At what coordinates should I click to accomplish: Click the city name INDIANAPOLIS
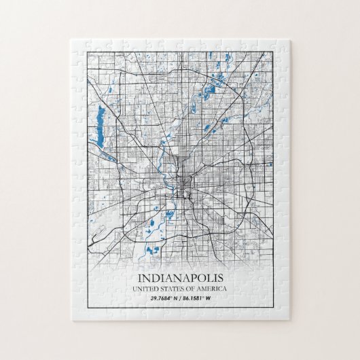pyautogui.click(x=179, y=278)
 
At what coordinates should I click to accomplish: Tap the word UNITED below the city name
pyautogui.click(x=146, y=290)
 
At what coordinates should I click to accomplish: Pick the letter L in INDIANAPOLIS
pyautogui.click(x=209, y=278)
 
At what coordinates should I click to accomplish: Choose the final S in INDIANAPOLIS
pyautogui.click(x=219, y=278)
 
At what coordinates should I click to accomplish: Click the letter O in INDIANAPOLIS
pyautogui.click(x=200, y=278)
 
